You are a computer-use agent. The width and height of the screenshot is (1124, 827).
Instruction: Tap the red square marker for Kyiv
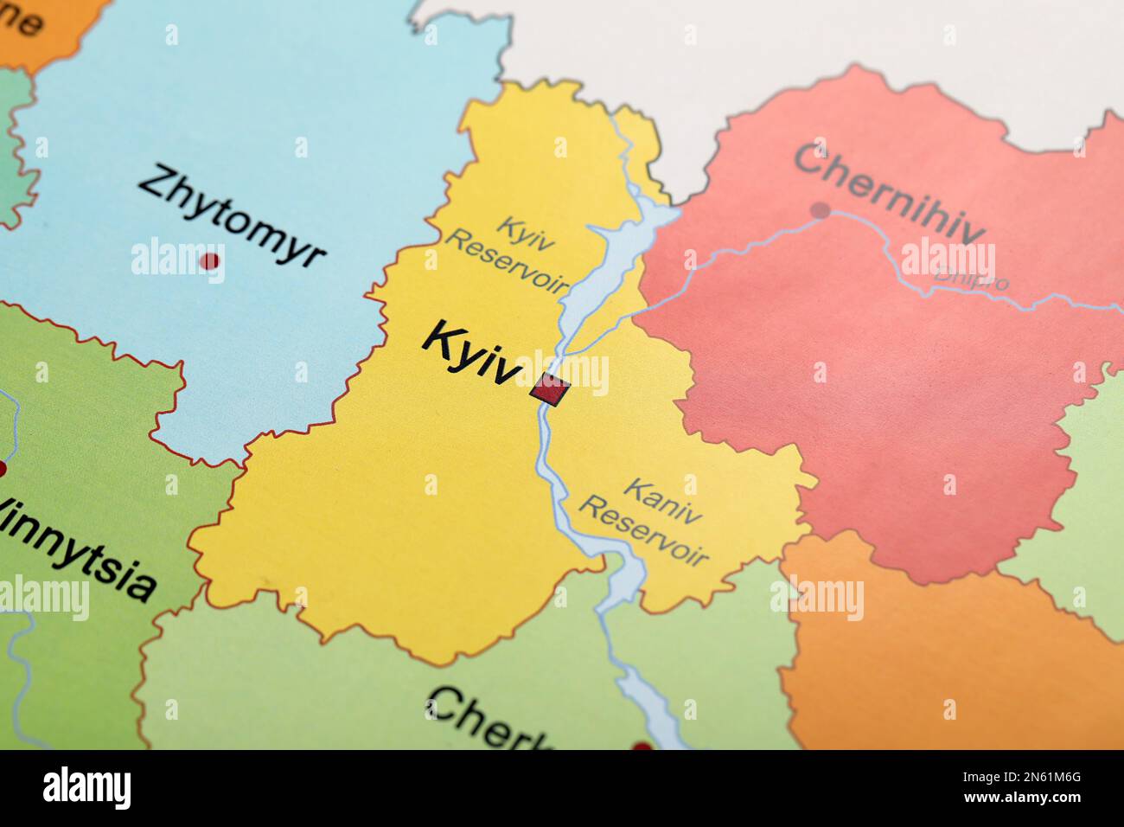(549, 390)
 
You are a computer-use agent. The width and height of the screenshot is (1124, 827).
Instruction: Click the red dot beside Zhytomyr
(209, 260)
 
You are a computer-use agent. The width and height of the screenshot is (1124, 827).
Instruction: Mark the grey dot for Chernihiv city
(821, 209)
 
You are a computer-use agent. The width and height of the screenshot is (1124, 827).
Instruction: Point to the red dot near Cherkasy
(641, 746)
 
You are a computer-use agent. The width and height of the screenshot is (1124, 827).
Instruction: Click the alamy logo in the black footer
(87, 788)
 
